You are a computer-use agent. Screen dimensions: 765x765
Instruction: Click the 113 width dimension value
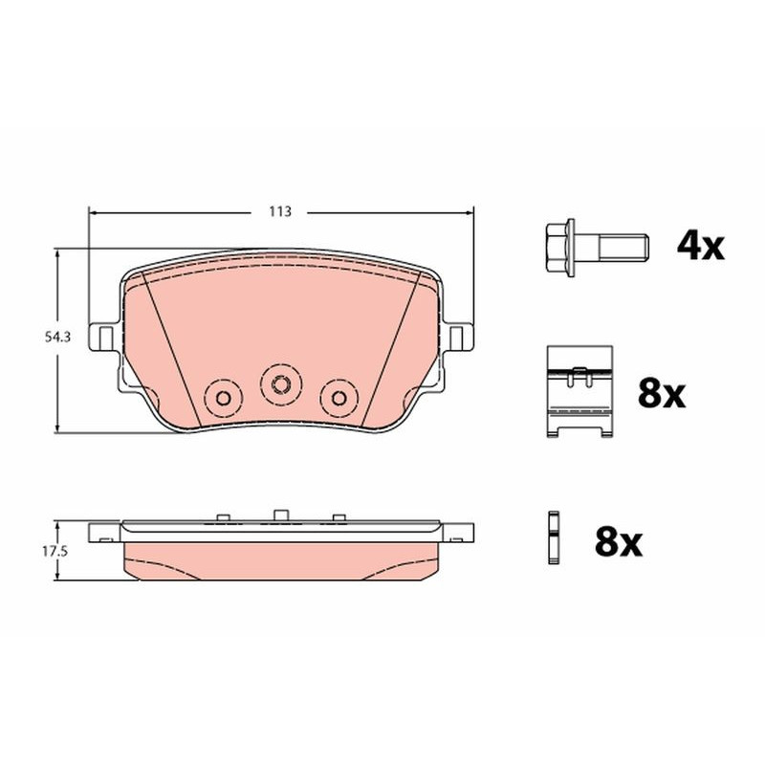(280, 211)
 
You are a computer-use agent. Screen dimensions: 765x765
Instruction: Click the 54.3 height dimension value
(57, 337)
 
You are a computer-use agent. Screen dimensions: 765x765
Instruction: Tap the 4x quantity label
(701, 247)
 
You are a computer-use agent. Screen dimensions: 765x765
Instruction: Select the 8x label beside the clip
(662, 394)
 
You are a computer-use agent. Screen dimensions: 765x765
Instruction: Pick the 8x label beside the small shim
(619, 542)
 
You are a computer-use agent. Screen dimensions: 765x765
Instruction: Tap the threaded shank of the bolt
(623, 247)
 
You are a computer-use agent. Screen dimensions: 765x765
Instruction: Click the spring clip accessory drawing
(579, 391)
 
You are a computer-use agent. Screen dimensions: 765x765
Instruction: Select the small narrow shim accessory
(554, 537)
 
